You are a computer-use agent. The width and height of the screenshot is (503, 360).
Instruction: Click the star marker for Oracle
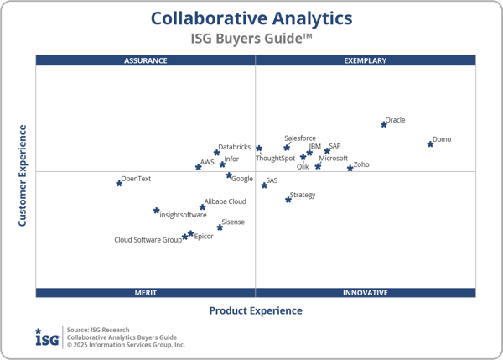[x=384, y=124]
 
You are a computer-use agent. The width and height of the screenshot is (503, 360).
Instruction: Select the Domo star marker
[x=430, y=143]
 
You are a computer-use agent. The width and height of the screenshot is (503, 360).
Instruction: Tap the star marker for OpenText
[x=119, y=182]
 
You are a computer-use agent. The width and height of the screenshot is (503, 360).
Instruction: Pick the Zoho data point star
[x=350, y=169]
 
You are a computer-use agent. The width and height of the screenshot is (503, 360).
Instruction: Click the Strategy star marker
[x=288, y=199]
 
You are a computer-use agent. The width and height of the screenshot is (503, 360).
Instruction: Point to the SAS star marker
[x=264, y=185]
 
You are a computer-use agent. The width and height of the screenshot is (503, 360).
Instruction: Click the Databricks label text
[x=234, y=148]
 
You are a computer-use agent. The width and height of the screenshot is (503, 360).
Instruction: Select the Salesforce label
[x=300, y=138]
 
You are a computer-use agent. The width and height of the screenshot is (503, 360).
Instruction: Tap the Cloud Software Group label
[x=148, y=240]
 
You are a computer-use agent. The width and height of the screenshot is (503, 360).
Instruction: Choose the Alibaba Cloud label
[x=225, y=201]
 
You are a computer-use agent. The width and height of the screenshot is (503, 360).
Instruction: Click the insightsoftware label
[x=183, y=215]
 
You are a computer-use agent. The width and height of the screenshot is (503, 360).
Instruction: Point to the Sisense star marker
[x=220, y=227]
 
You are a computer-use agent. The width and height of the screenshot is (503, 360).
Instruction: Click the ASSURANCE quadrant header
[x=146, y=60]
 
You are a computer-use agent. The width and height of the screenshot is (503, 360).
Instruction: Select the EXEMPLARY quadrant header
[x=366, y=60]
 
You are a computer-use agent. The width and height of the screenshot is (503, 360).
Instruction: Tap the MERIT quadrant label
[x=146, y=293]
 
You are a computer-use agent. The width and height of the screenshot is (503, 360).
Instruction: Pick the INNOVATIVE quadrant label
[x=366, y=293]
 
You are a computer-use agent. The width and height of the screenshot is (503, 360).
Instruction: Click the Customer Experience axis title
[x=23, y=175]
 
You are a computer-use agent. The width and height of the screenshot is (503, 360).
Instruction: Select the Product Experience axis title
[x=256, y=311]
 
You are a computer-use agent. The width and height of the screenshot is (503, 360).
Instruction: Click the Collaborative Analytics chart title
[x=251, y=18]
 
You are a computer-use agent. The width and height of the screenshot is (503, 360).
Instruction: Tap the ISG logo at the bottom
[x=47, y=337]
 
